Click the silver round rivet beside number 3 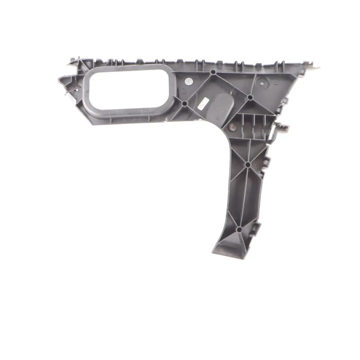(x=189, y=81)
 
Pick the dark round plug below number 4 (x=232, y=127)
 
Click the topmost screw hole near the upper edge (x=213, y=72)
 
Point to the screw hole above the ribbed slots (x=250, y=97)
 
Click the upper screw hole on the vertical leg (x=247, y=165)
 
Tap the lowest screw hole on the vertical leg (x=239, y=229)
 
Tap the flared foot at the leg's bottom (x=227, y=248)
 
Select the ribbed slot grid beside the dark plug (x=255, y=125)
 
